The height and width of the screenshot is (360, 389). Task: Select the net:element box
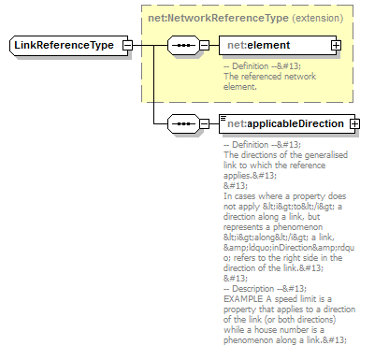[x=274, y=45]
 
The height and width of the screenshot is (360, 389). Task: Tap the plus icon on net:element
[x=336, y=45]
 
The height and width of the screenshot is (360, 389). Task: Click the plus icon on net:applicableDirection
[x=353, y=123]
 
